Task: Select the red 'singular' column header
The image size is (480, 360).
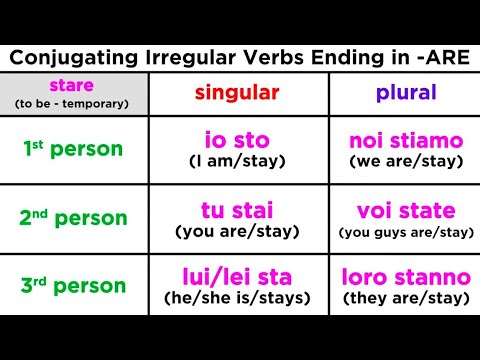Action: [236, 93]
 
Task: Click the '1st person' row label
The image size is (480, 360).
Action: [75, 150]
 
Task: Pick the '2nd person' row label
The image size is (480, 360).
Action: [75, 218]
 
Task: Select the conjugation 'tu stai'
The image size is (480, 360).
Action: [236, 211]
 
